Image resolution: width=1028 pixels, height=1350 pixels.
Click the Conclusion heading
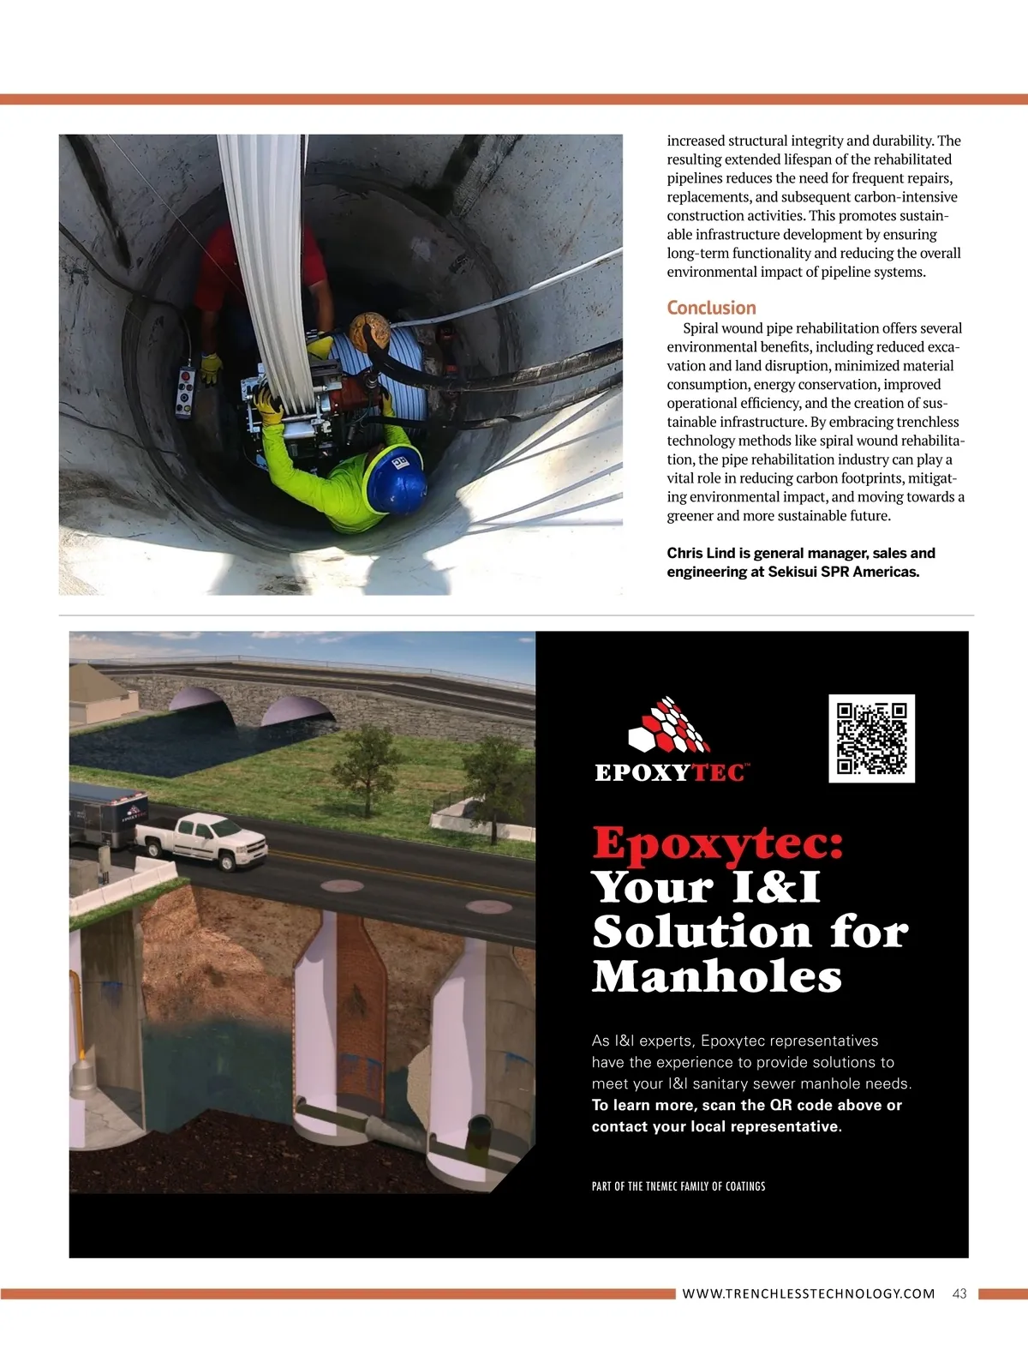711,308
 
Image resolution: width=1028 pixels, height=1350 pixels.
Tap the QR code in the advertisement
871,738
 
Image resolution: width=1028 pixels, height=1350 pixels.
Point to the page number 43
959,1293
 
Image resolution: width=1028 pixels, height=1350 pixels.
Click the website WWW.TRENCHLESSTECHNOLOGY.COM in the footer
808,1293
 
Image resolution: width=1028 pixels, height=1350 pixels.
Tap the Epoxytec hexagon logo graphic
669,727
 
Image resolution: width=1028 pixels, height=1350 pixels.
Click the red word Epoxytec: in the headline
718,843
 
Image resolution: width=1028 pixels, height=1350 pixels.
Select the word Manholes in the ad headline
717,976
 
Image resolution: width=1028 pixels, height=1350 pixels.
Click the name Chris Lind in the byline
701,553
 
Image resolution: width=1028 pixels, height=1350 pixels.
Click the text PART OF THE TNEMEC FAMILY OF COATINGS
678,1186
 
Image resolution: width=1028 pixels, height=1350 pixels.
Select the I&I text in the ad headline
776,887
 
